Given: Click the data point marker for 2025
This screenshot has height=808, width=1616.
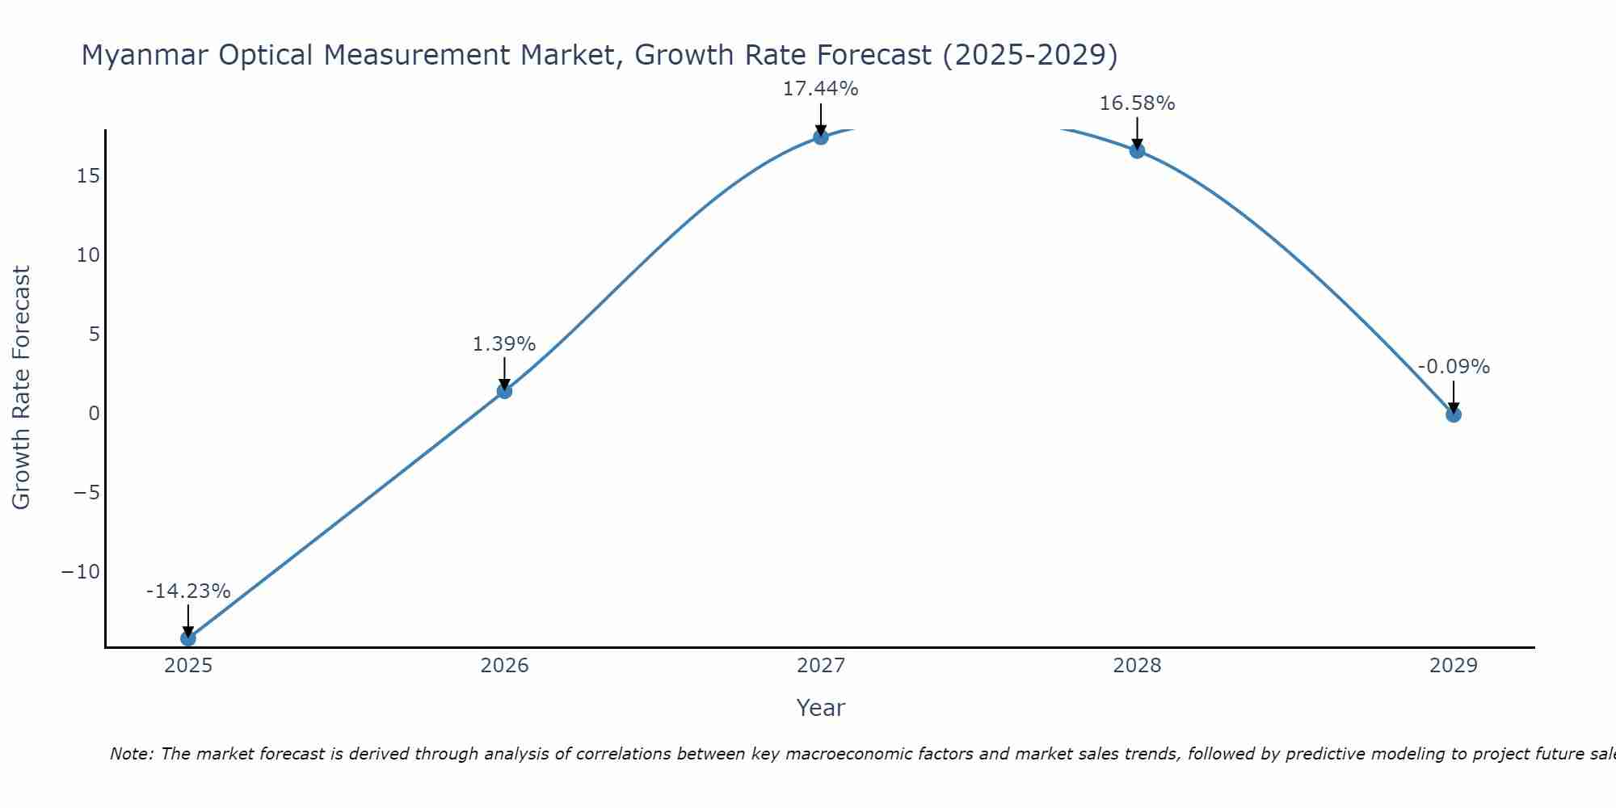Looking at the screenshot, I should click(x=188, y=638).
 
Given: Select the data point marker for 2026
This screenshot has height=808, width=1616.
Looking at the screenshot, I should click(x=504, y=391).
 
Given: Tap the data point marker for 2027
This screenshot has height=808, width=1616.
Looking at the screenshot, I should click(x=821, y=137).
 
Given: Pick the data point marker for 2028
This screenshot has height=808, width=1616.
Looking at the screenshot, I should click(x=1137, y=150).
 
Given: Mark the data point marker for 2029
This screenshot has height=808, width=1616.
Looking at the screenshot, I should click(x=1454, y=415).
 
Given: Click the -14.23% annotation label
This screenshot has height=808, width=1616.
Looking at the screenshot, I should click(x=188, y=591).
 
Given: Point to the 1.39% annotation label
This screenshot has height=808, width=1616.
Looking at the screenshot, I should click(x=504, y=344).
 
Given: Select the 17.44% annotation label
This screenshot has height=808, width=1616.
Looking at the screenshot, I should click(x=821, y=89).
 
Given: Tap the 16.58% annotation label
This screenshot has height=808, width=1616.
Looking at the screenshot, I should click(x=1137, y=103).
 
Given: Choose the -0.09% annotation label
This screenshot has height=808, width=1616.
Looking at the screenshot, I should click(x=1454, y=367).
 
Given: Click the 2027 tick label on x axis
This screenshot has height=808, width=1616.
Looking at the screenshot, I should click(x=821, y=666).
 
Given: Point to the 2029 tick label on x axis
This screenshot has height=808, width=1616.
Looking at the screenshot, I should click(x=1454, y=666).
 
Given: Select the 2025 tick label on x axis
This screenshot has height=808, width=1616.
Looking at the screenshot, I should click(x=188, y=666).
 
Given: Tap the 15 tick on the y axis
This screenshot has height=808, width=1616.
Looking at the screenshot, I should click(x=88, y=175).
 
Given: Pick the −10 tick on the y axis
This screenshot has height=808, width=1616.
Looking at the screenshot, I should click(x=81, y=572).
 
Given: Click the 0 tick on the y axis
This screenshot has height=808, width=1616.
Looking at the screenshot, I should click(x=95, y=414).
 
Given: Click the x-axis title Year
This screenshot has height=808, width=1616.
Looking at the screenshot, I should click(x=821, y=708).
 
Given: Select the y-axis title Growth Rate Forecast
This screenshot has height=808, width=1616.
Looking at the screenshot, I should click(x=21, y=388).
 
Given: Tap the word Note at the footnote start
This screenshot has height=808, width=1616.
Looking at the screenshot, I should click(x=130, y=754).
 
